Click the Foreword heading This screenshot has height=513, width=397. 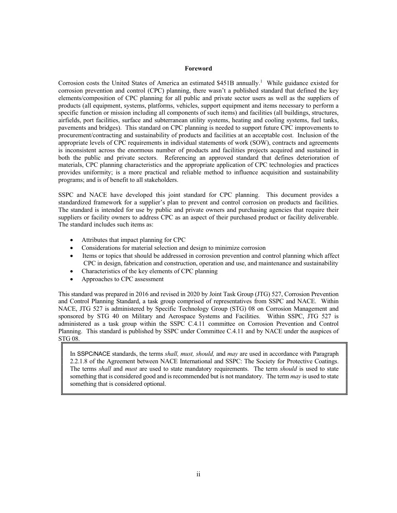[x=198, y=68]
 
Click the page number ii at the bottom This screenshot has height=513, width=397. [x=198, y=474]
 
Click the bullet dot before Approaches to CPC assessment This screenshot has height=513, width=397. [x=73, y=279]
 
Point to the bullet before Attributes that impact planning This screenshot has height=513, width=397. [x=73, y=240]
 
